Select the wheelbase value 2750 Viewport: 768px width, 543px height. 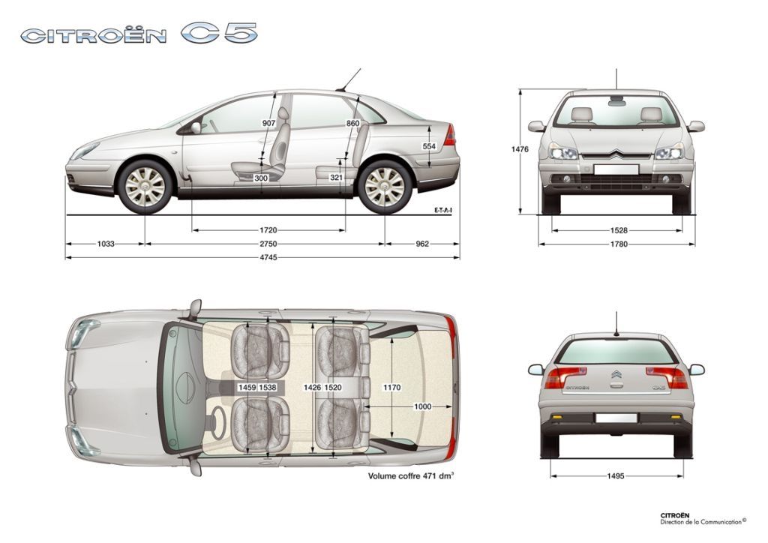click(268, 243)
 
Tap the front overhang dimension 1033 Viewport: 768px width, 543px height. click(106, 243)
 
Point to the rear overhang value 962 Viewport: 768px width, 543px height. click(421, 243)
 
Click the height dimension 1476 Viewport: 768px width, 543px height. click(520, 149)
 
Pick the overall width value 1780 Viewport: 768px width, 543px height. click(619, 244)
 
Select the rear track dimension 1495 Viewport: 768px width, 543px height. click(616, 475)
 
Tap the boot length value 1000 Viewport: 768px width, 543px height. click(423, 406)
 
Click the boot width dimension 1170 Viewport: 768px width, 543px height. click(391, 387)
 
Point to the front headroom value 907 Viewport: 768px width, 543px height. click(269, 124)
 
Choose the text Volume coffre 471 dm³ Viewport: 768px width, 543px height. click(411, 475)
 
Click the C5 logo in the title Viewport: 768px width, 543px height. click(219, 33)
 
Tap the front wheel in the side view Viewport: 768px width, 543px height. click(145, 187)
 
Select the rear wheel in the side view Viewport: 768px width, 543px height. click(385, 187)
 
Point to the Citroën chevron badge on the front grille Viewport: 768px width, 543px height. click(616, 154)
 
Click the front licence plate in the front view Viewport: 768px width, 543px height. click(616, 169)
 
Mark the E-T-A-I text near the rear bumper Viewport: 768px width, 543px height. click(442, 210)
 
